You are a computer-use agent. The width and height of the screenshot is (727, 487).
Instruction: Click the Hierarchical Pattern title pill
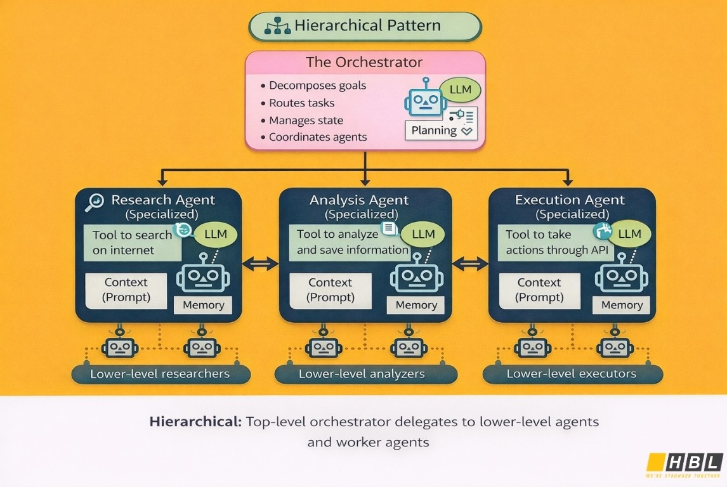(365, 26)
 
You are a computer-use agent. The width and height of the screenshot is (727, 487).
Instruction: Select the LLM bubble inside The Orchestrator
(460, 89)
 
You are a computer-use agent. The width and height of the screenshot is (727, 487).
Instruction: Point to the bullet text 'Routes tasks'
(301, 103)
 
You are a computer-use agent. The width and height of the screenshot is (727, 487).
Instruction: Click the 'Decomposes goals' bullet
(317, 85)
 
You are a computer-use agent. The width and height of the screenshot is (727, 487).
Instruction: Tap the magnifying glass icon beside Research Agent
(94, 201)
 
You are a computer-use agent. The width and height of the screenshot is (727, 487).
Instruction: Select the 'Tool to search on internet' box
(132, 242)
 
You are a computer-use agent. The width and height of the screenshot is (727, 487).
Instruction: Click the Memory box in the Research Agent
(203, 305)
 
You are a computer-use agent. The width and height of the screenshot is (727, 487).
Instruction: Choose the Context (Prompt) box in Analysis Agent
(330, 290)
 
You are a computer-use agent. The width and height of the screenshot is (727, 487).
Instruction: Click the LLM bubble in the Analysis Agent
(423, 234)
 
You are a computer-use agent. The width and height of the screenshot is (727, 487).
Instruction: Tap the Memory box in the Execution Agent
(622, 305)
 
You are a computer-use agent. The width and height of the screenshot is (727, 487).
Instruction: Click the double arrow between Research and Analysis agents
(261, 263)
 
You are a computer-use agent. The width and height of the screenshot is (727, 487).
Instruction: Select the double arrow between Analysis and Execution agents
(470, 263)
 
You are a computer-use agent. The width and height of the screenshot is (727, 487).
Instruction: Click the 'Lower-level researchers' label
(159, 373)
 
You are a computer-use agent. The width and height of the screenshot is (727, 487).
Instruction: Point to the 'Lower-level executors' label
(571, 373)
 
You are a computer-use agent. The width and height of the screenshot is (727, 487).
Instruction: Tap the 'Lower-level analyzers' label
(362, 373)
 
